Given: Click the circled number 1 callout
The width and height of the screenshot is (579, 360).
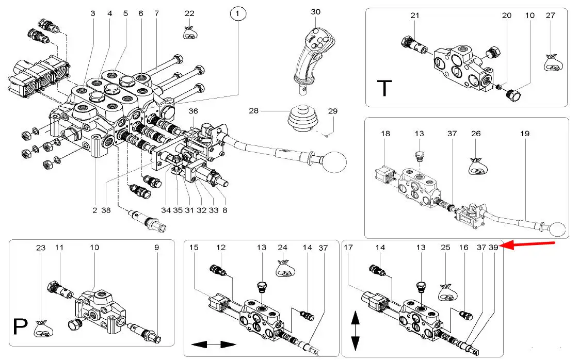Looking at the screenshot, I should [237, 14].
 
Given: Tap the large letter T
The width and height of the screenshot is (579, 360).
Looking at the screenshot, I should [384, 88].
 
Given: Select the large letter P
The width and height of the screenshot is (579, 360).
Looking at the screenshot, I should [20, 327].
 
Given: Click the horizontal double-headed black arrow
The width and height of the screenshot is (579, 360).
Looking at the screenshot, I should [213, 344].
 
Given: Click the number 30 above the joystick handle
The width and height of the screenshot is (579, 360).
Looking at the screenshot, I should [316, 11].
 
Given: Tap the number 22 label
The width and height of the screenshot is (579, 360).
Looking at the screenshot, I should [189, 14].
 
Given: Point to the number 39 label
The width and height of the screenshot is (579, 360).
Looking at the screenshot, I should [494, 248].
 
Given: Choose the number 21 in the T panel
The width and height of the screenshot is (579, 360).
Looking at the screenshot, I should [415, 15].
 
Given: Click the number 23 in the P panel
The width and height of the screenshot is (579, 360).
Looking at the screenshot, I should [41, 248].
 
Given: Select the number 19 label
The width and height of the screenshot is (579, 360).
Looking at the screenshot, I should [525, 134].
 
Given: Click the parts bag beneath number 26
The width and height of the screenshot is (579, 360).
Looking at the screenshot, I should [476, 166].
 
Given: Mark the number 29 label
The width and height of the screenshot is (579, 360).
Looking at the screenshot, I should [333, 111].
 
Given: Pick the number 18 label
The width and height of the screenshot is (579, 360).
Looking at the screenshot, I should [385, 134].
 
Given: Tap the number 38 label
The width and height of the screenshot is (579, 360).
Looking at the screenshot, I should [106, 210].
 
